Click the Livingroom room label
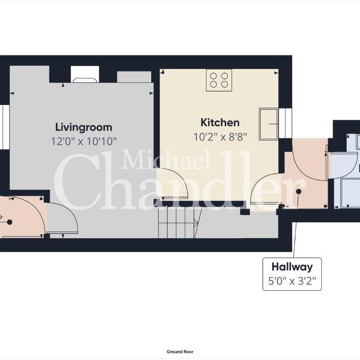coord(84,127)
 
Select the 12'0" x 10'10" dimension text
coord(84,141)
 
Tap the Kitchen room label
coord(220,122)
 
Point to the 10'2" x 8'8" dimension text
coord(220,135)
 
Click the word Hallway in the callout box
coord(292,268)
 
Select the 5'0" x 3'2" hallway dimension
coord(292,281)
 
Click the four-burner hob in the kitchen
coord(219,80)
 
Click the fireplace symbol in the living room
coord(86,77)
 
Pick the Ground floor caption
coord(180,352)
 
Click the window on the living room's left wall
coord(2,126)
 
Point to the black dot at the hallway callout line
coord(299,191)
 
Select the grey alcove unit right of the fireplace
coord(134,77)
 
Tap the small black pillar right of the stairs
coord(245,211)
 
